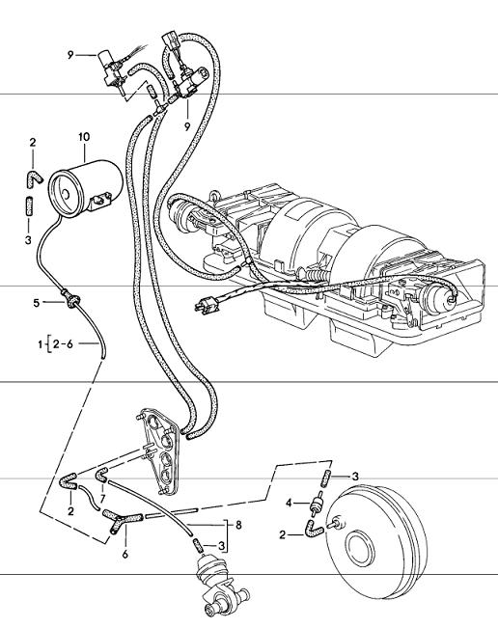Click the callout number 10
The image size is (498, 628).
coord(84,137)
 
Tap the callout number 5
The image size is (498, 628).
coord(37,303)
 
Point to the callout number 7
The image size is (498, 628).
coord(102,499)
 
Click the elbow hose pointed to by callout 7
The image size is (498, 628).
coord(101,475)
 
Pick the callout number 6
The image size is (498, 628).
coord(125,555)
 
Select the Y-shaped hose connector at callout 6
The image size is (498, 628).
coord(121,519)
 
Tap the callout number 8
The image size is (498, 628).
coord(238,525)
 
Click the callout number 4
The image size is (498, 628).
coord(290,503)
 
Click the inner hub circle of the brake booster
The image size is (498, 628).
coord(361,548)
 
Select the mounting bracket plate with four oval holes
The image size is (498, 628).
coord(158,451)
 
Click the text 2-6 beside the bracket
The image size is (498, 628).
coord(64,343)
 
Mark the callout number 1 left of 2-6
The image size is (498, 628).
coord(41,344)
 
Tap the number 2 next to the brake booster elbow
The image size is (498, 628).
coord(283,535)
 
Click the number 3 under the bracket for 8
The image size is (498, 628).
coord(221,545)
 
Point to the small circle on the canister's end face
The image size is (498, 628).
coord(66,195)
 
